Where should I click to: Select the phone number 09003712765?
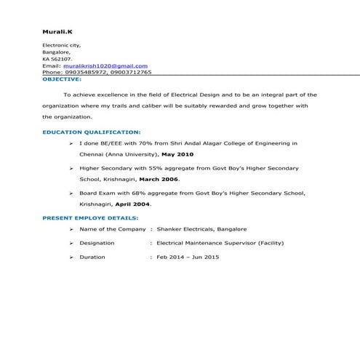[x=131, y=72]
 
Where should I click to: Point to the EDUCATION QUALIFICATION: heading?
[x=92, y=132]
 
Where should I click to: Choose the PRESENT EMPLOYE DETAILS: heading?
[x=90, y=217]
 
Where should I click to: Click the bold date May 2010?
[x=177, y=154]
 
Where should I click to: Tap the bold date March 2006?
[x=159, y=179]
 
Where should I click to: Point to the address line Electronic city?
[x=62, y=46]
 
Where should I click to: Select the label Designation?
[x=97, y=243]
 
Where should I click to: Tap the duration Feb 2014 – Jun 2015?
[x=188, y=257]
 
